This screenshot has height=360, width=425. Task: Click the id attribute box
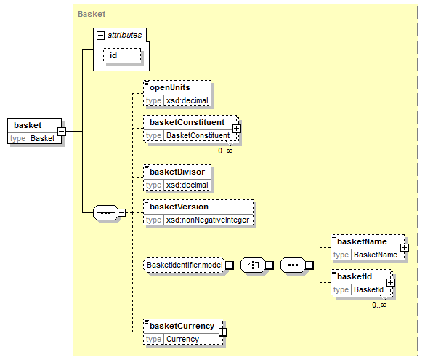coord(122,55)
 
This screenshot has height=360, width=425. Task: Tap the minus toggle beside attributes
coord(100,35)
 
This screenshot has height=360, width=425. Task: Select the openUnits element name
coord(170,87)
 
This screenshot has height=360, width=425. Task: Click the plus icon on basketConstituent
coord(236,128)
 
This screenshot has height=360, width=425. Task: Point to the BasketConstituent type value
coord(198,135)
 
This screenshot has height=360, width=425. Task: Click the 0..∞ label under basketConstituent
coord(225,151)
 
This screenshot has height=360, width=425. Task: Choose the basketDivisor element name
coord(177,172)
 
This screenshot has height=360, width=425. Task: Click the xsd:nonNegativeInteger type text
coord(208,220)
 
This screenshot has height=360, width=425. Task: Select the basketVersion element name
coord(179,207)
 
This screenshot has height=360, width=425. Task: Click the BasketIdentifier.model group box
coord(185,265)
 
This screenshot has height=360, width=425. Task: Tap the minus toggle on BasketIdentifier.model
coord(230,265)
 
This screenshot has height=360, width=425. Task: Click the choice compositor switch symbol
coord(253,265)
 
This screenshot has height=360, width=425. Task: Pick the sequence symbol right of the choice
coord(293,265)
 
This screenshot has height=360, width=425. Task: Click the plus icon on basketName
coord(404,248)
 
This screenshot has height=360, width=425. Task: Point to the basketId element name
coord(355,276)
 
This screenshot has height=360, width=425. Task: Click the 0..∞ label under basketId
coord(379,305)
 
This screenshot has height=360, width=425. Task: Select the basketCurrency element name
coord(182,326)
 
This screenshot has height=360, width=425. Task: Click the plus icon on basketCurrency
coord(222,332)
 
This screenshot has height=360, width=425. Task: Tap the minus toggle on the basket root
coord(62,132)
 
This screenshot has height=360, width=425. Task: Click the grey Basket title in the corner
coord(92,14)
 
